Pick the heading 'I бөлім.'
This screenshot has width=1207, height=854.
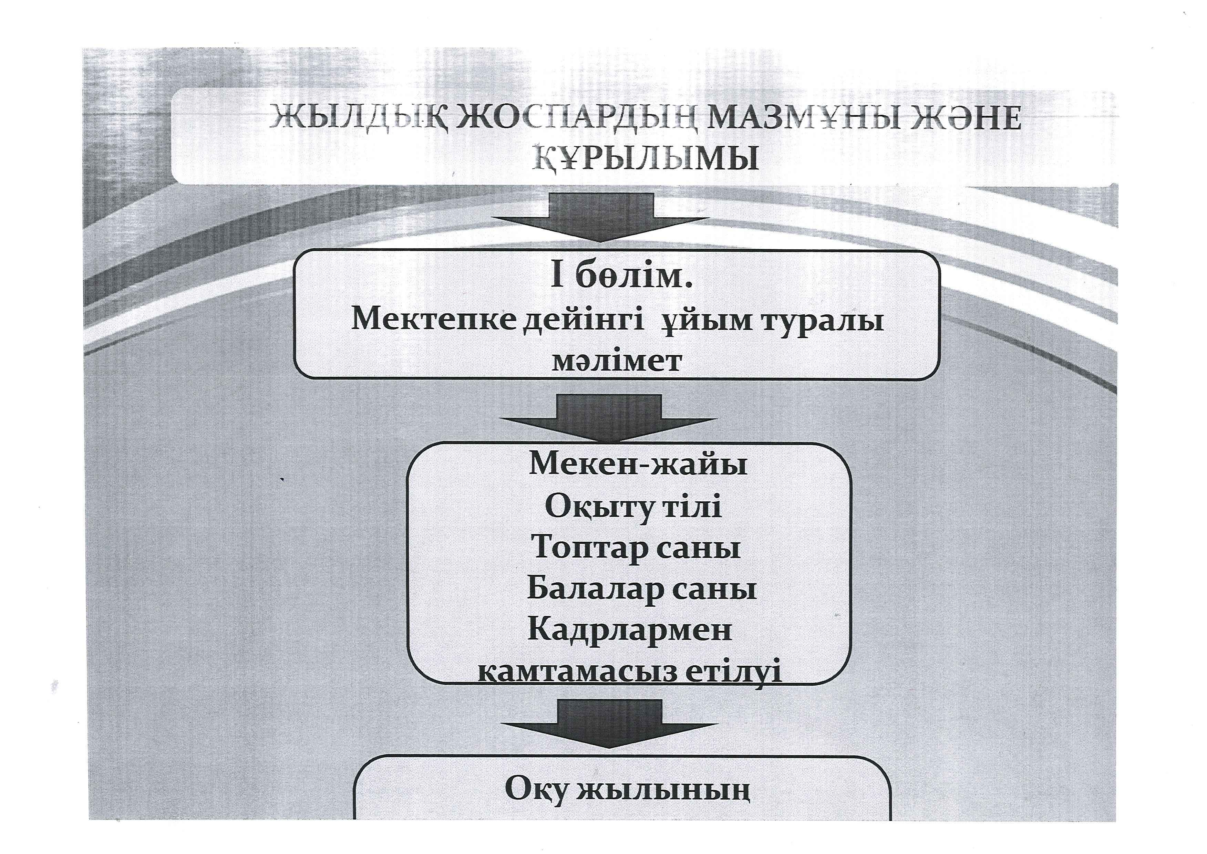click(x=621, y=279)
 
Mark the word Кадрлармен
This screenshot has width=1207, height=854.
click(x=630, y=630)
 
